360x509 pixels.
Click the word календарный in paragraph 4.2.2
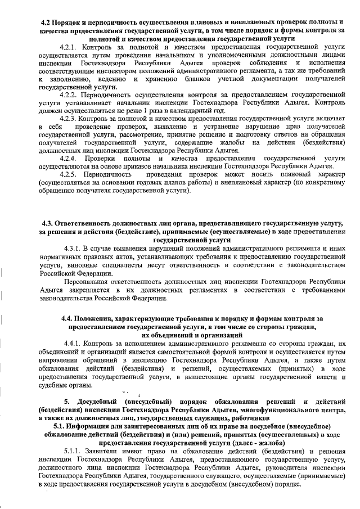click(x=169, y=111)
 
